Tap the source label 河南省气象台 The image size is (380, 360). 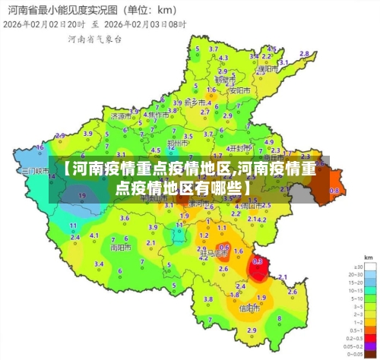(x=94, y=39)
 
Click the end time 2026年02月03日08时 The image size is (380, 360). (x=144, y=24)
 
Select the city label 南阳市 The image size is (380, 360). (x=119, y=247)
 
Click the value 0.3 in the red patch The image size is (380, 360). (x=258, y=261)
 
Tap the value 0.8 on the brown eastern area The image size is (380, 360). (x=334, y=191)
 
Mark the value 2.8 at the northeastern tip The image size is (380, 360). (x=304, y=54)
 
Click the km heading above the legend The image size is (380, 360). (x=369, y=258)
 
